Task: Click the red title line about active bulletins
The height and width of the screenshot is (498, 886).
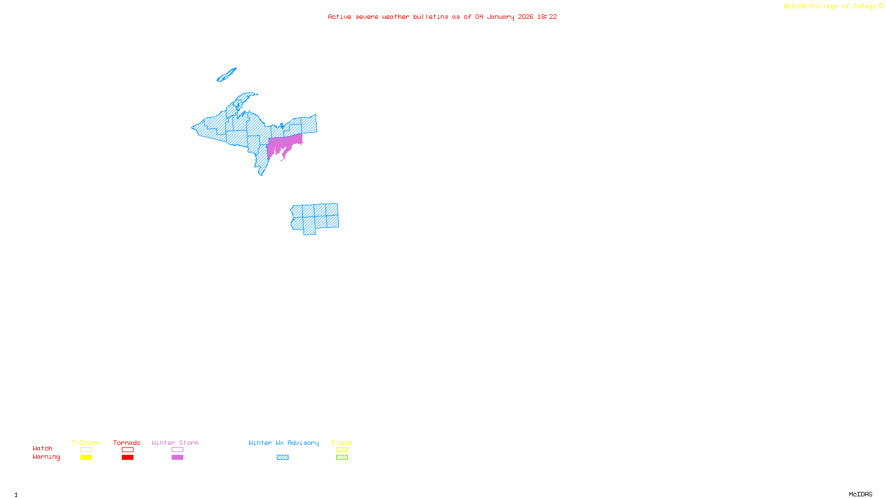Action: coord(442,17)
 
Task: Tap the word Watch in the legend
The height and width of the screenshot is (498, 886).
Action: coord(43,448)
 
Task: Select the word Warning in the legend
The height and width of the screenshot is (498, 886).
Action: coord(46,457)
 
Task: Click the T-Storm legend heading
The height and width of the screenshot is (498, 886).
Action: coord(85,443)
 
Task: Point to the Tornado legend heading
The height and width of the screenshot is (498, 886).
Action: coord(127,443)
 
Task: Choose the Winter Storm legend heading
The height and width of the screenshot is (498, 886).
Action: coord(175,443)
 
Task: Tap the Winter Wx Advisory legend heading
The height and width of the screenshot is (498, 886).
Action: coord(284,443)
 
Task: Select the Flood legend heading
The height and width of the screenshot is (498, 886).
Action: coord(342,443)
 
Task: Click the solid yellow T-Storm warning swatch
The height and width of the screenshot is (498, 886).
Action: coord(86,458)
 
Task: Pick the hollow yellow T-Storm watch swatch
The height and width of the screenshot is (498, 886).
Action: coord(86,450)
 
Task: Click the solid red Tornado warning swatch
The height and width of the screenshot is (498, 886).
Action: coord(128,458)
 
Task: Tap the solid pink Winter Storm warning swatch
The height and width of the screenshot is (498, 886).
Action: coord(177,458)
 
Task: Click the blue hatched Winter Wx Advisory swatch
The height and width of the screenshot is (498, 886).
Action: coord(282,458)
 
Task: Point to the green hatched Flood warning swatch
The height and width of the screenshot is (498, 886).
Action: coord(342,458)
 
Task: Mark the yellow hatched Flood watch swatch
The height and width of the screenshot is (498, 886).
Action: coord(342,450)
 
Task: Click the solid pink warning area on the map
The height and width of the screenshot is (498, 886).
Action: coord(282,145)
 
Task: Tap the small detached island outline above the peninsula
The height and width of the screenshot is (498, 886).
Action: coord(226,75)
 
